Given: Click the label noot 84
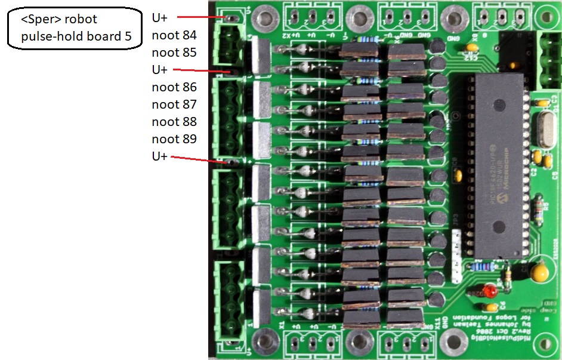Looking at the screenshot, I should (x=174, y=35).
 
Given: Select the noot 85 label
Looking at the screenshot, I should (x=174, y=53).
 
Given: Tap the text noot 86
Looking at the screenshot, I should (x=174, y=87).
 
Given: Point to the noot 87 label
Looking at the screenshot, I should (x=174, y=104).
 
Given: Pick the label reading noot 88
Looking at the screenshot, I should (x=174, y=122).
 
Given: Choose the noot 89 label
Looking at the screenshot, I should (x=174, y=139).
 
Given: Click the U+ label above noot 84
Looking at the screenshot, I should (x=160, y=17).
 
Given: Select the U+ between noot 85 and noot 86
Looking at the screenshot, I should (x=160, y=70).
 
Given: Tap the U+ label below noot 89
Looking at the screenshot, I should (x=160, y=156).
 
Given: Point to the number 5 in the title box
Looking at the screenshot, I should (x=128, y=36).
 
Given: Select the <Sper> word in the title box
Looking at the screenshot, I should (x=42, y=20).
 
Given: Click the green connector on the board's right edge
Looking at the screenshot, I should (x=549, y=59).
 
